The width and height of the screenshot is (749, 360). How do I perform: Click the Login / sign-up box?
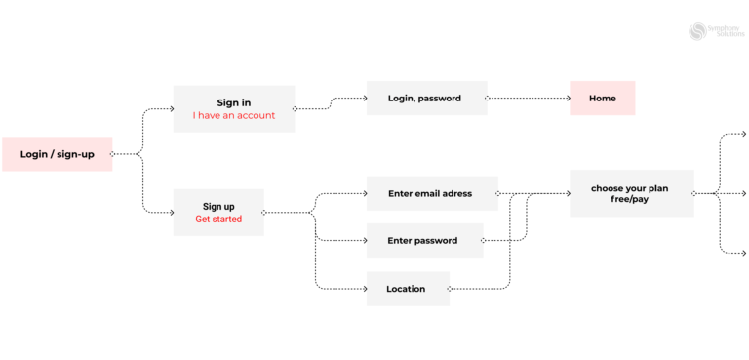[x=57, y=154]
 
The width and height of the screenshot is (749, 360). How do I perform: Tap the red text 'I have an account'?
[x=234, y=116]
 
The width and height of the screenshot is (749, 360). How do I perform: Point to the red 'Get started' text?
[x=218, y=220]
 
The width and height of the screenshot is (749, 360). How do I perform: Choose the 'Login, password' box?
[x=425, y=98]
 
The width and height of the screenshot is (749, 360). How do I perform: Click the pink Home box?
[x=602, y=98]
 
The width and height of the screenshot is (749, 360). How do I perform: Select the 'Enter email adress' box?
[x=431, y=193]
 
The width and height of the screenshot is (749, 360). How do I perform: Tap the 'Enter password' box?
[x=423, y=240]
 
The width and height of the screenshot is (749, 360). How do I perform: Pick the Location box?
[x=407, y=289]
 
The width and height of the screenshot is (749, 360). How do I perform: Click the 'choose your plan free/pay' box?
[x=631, y=193]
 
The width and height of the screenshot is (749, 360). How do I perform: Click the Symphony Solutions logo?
[x=717, y=31]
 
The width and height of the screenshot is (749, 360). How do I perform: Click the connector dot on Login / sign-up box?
[x=112, y=154]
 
